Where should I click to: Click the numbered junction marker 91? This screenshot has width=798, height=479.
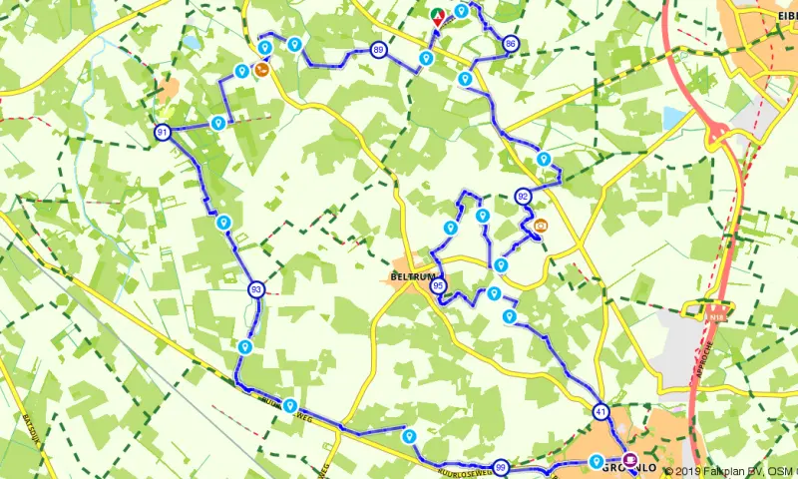click(163, 132)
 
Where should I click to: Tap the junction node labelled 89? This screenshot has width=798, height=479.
click(379, 50)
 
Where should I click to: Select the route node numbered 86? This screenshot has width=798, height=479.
click(511, 44)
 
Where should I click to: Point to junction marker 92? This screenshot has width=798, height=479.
click(523, 196)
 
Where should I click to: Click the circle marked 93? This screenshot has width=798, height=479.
click(257, 289)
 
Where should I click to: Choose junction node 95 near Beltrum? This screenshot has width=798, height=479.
click(439, 286)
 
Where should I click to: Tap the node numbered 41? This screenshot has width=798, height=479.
click(600, 411)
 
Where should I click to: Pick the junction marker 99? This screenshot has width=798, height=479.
click(501, 467)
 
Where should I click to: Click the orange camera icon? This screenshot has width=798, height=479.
click(541, 226)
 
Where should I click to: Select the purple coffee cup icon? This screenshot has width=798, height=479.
click(629, 461)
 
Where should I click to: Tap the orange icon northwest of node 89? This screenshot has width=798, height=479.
click(261, 70)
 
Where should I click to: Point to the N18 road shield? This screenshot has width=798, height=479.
click(714, 315)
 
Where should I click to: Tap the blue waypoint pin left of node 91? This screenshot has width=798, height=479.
click(217, 122)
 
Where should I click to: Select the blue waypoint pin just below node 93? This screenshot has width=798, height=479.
click(244, 345)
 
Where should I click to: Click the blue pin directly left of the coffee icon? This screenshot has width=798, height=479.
click(596, 460)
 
